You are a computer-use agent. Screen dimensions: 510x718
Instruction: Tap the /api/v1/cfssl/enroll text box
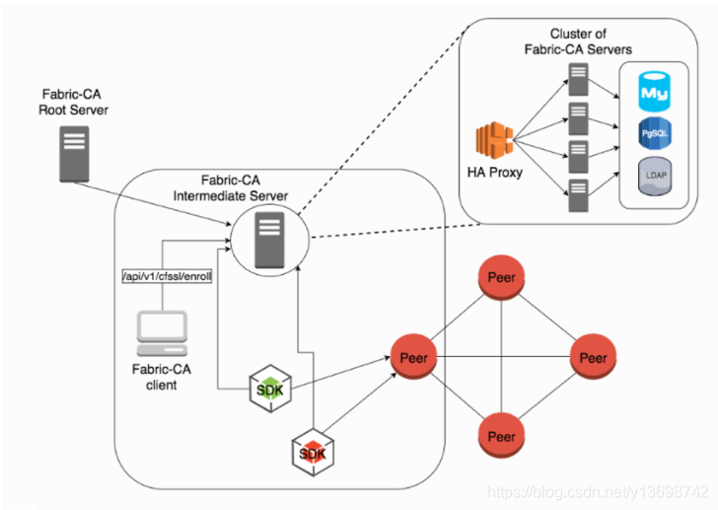[x=166, y=277]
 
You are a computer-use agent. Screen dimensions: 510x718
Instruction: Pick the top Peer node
[x=502, y=278]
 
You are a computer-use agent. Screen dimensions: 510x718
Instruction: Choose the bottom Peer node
[x=502, y=435]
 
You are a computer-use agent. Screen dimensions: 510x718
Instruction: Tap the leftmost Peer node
[x=414, y=357]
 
